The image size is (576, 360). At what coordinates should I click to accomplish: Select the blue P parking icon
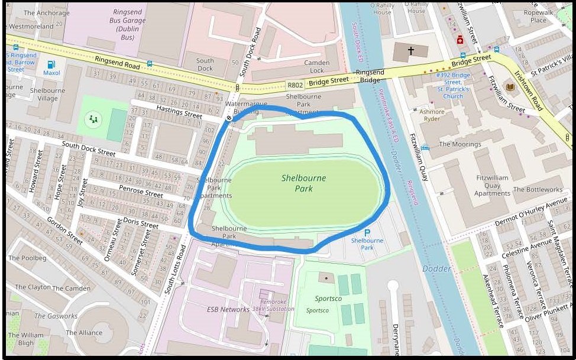[367, 233]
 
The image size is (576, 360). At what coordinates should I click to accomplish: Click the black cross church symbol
[410, 51]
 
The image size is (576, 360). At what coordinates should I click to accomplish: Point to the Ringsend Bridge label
[370, 76]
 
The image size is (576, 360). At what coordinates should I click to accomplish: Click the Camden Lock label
[316, 66]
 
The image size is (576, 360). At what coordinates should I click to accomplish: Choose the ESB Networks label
[228, 309]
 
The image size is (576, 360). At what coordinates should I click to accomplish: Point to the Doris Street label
[141, 222]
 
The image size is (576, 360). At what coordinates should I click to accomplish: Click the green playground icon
[93, 119]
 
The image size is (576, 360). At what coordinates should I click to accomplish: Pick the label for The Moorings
[459, 144]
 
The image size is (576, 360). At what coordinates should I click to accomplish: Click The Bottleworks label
[538, 190]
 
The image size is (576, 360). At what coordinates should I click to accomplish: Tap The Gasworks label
[56, 316]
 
